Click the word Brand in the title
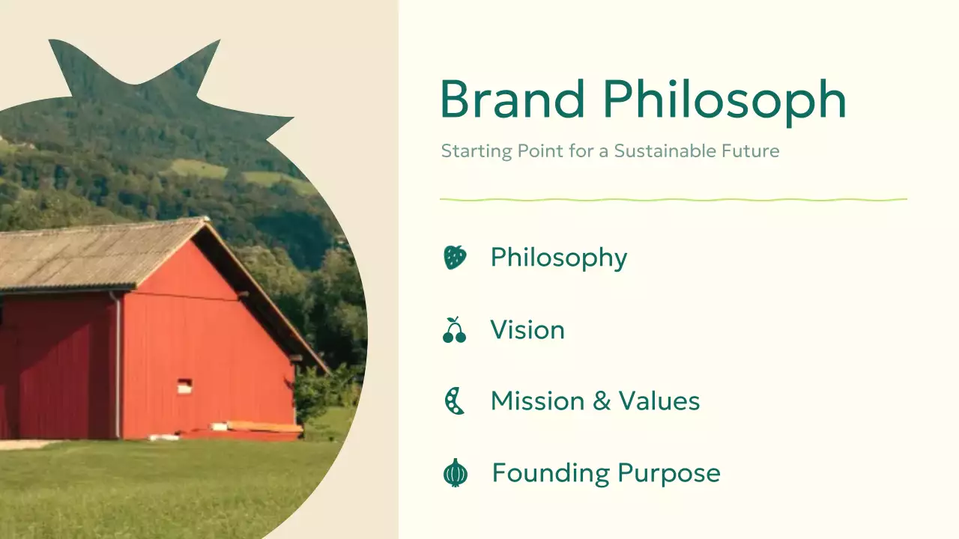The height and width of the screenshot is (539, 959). tap(512, 100)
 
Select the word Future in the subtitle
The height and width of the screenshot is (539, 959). tap(753, 151)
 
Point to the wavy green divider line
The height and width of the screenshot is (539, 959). tap(673, 200)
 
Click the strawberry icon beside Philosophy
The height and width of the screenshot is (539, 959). tap(455, 258)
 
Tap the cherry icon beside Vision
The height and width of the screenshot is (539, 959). tap(454, 330)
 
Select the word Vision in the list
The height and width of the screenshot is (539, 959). tap(527, 330)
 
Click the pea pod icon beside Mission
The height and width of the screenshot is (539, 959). tap(454, 401)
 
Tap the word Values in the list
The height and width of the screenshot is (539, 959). tap(659, 401)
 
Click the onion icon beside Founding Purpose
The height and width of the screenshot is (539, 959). tap(455, 473)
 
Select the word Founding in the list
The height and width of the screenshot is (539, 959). tap(551, 474)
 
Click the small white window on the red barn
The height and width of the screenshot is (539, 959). tap(184, 386)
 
